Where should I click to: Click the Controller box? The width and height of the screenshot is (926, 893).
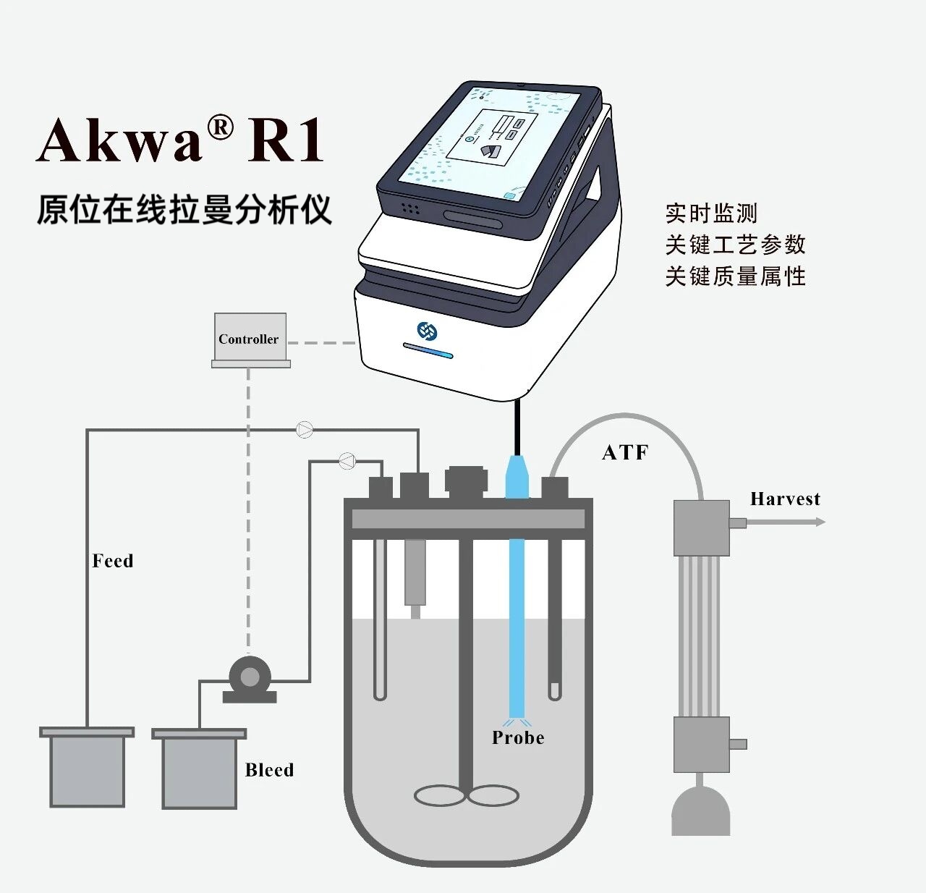coord(250,338)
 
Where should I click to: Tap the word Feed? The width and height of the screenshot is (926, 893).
coord(113,561)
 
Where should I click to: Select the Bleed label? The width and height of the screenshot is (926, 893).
coord(269,770)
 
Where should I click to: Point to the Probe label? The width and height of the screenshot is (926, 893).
coord(518,737)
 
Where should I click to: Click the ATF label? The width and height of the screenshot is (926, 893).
coord(625,452)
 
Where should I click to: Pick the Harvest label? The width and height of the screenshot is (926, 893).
coord(785,499)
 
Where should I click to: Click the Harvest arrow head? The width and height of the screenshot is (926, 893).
coord(820,522)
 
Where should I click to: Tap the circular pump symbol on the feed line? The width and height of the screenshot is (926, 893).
coord(305,430)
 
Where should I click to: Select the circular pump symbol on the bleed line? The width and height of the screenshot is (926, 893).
coord(347,460)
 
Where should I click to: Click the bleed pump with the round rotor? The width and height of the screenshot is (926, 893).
coord(249,677)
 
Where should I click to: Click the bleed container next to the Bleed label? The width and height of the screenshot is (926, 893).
coord(199,770)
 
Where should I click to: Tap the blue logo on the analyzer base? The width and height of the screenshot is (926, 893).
coord(428,331)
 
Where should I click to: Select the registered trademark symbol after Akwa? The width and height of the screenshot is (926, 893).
coord(220,128)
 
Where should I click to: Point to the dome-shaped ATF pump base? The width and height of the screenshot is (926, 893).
coord(700,811)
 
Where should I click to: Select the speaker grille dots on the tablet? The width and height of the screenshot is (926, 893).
coord(410,208)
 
